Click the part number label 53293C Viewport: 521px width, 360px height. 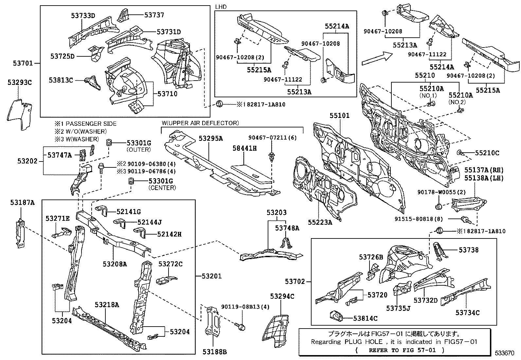[20, 83]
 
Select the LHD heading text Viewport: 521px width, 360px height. [221, 7]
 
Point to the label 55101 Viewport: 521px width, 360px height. [339, 115]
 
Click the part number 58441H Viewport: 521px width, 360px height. [244, 148]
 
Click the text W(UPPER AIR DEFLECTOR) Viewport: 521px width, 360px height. [200, 123]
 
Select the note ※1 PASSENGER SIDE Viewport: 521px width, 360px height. [86, 124]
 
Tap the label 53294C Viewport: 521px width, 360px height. [282, 296]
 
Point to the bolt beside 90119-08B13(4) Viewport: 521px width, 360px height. [241, 326]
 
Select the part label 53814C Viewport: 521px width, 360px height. [365, 318]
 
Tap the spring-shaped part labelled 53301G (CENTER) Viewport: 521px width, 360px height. [132, 181]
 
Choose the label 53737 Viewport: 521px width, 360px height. [154, 15]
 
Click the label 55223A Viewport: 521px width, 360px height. [320, 222]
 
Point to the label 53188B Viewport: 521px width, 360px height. [214, 352]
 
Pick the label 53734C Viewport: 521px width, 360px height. [467, 313]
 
